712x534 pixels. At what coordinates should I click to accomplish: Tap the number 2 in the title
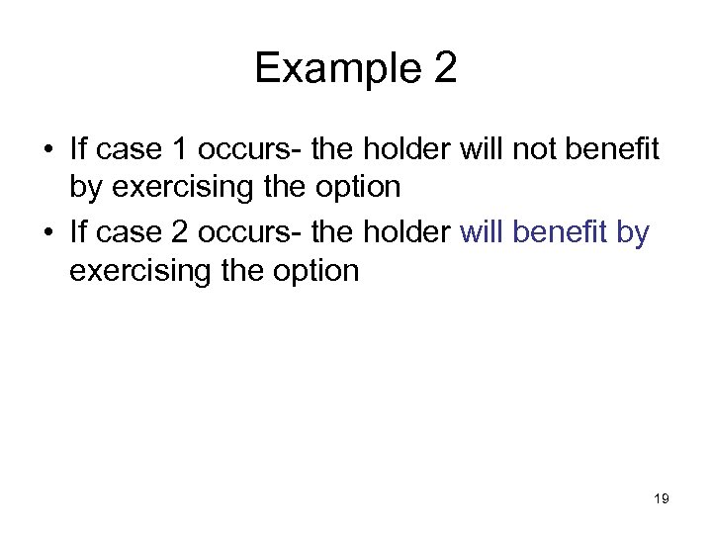coord(444,68)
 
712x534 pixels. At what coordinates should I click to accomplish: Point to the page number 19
coord(662,499)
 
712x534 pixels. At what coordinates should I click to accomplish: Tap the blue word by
coord(634,233)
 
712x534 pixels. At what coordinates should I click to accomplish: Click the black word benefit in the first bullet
coord(619,149)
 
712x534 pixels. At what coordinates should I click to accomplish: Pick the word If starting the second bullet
coord(78,233)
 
